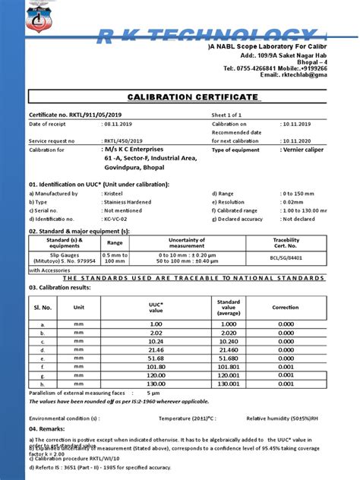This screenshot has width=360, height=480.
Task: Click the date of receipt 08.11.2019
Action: click(117, 124)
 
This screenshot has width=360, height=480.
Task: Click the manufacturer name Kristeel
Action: click(113, 194)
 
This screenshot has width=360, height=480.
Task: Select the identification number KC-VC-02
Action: click(115, 219)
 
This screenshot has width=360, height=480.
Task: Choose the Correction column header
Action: click(286, 308)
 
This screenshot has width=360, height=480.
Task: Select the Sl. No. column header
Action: click(43, 308)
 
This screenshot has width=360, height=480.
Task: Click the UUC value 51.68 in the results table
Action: click(156, 357)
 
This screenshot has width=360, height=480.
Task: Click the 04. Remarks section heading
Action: click(49, 429)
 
